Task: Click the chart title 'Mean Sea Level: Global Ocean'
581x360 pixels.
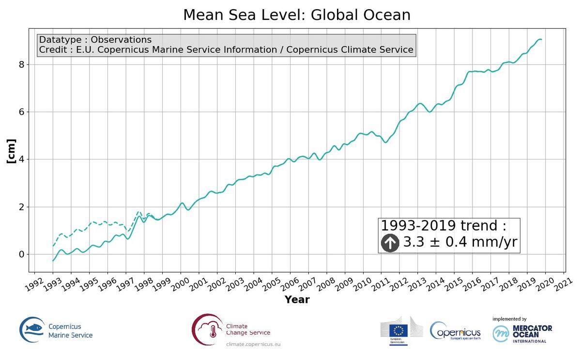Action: coord(296,15)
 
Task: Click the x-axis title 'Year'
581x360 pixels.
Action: coord(297,299)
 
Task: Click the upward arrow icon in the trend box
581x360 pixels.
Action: coord(390,243)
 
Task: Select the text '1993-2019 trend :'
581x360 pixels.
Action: coord(443,226)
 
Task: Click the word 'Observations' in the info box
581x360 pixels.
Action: coord(122,40)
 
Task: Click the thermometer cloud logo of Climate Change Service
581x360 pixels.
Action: coord(208,329)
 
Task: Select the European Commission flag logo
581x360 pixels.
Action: coord(399,330)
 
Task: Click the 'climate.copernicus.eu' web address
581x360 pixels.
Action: coord(253,344)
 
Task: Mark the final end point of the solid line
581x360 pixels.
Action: coord(541,39)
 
